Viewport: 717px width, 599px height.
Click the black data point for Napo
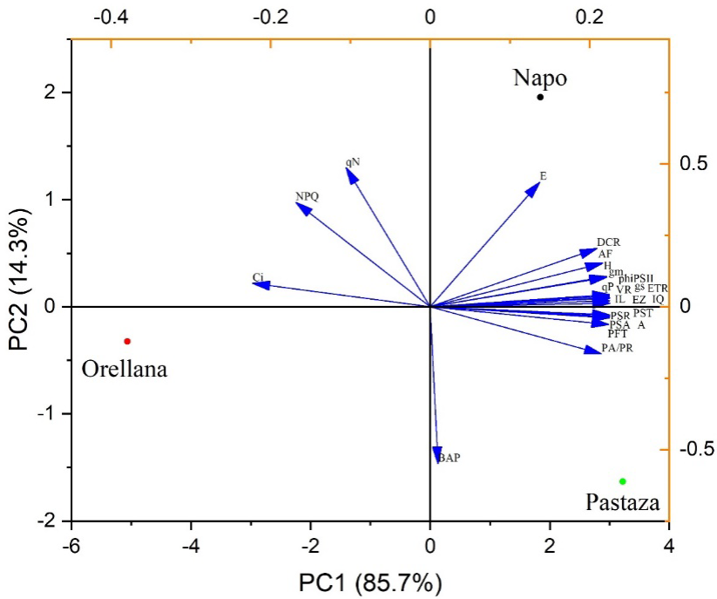click(540, 97)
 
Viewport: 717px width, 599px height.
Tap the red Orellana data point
click(127, 341)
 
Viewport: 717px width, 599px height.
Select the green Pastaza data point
click(623, 481)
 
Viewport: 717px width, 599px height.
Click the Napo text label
click(540, 78)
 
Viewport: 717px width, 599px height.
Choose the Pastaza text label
click(623, 502)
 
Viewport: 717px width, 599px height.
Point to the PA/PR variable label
click(617, 349)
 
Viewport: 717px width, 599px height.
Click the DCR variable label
click(608, 242)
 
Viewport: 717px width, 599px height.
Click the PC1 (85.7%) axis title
click(369, 581)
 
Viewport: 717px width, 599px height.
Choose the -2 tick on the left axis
click(48, 521)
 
